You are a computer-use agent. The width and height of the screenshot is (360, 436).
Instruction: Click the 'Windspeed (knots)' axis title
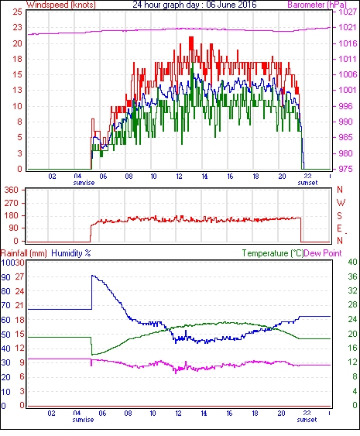[x=61, y=5]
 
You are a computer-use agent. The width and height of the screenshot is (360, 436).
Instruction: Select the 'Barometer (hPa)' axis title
[x=317, y=5]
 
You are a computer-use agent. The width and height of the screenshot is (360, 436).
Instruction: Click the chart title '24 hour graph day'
[x=165, y=5]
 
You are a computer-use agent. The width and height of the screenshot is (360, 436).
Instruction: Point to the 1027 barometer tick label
[x=348, y=12]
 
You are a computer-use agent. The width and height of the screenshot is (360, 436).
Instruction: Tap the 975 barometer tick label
[x=346, y=169]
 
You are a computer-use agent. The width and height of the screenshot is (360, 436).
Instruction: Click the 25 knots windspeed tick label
[x=17, y=12]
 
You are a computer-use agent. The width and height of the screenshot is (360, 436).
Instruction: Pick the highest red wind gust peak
[x=191, y=37]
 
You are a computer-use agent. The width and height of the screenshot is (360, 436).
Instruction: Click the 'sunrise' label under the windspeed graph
[x=84, y=183]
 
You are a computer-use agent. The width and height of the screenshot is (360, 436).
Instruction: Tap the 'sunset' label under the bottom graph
[x=307, y=420]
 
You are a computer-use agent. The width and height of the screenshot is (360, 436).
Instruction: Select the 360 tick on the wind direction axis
[x=12, y=190]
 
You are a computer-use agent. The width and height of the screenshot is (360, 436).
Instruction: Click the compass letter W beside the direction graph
[x=341, y=202]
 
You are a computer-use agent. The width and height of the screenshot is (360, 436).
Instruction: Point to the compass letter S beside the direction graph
[x=339, y=216]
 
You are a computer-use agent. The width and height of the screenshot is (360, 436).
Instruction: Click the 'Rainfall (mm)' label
[x=24, y=253]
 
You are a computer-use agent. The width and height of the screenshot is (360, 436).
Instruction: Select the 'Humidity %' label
[x=71, y=253]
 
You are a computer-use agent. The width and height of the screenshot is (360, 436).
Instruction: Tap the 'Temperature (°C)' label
[x=273, y=253]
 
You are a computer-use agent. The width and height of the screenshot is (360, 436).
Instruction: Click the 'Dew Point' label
[x=323, y=253]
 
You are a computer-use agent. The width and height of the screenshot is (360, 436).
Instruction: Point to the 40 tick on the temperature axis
[x=352, y=262]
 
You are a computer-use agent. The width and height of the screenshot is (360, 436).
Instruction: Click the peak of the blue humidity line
[x=93, y=276]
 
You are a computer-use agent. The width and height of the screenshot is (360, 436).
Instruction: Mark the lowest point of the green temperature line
[x=93, y=355]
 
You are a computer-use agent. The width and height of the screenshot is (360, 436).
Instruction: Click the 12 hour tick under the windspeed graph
[x=179, y=177]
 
